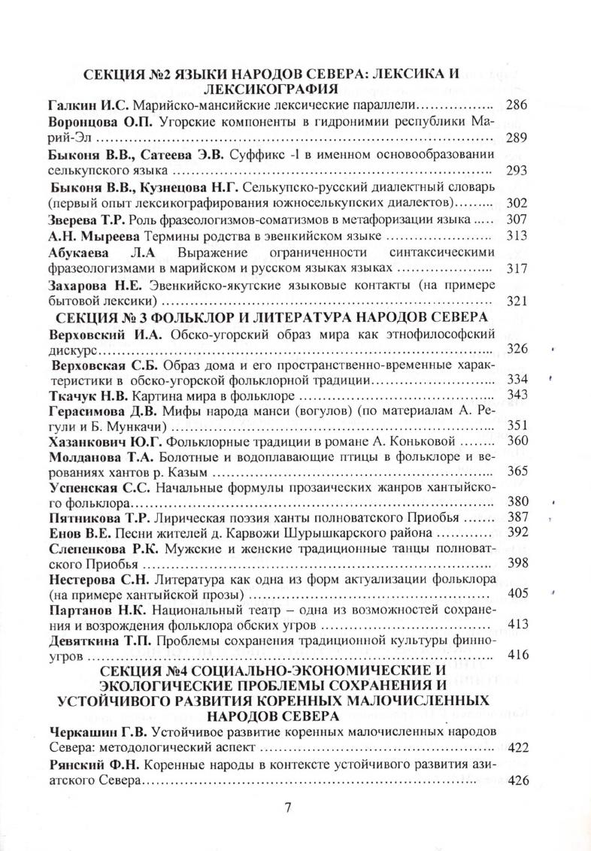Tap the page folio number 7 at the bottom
[x=288, y=808]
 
